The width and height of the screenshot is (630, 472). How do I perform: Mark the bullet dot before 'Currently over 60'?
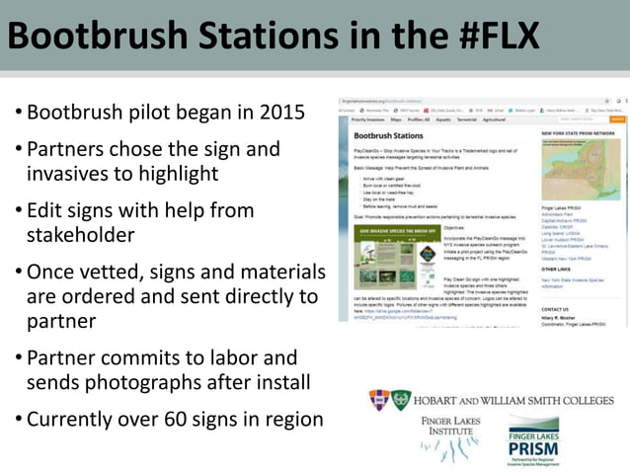click(x=18, y=419)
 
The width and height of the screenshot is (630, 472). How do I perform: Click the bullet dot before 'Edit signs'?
click(x=18, y=210)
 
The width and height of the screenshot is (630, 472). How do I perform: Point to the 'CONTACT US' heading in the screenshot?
click(x=555, y=309)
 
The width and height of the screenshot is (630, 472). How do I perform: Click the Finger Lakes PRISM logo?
click(x=533, y=440)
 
